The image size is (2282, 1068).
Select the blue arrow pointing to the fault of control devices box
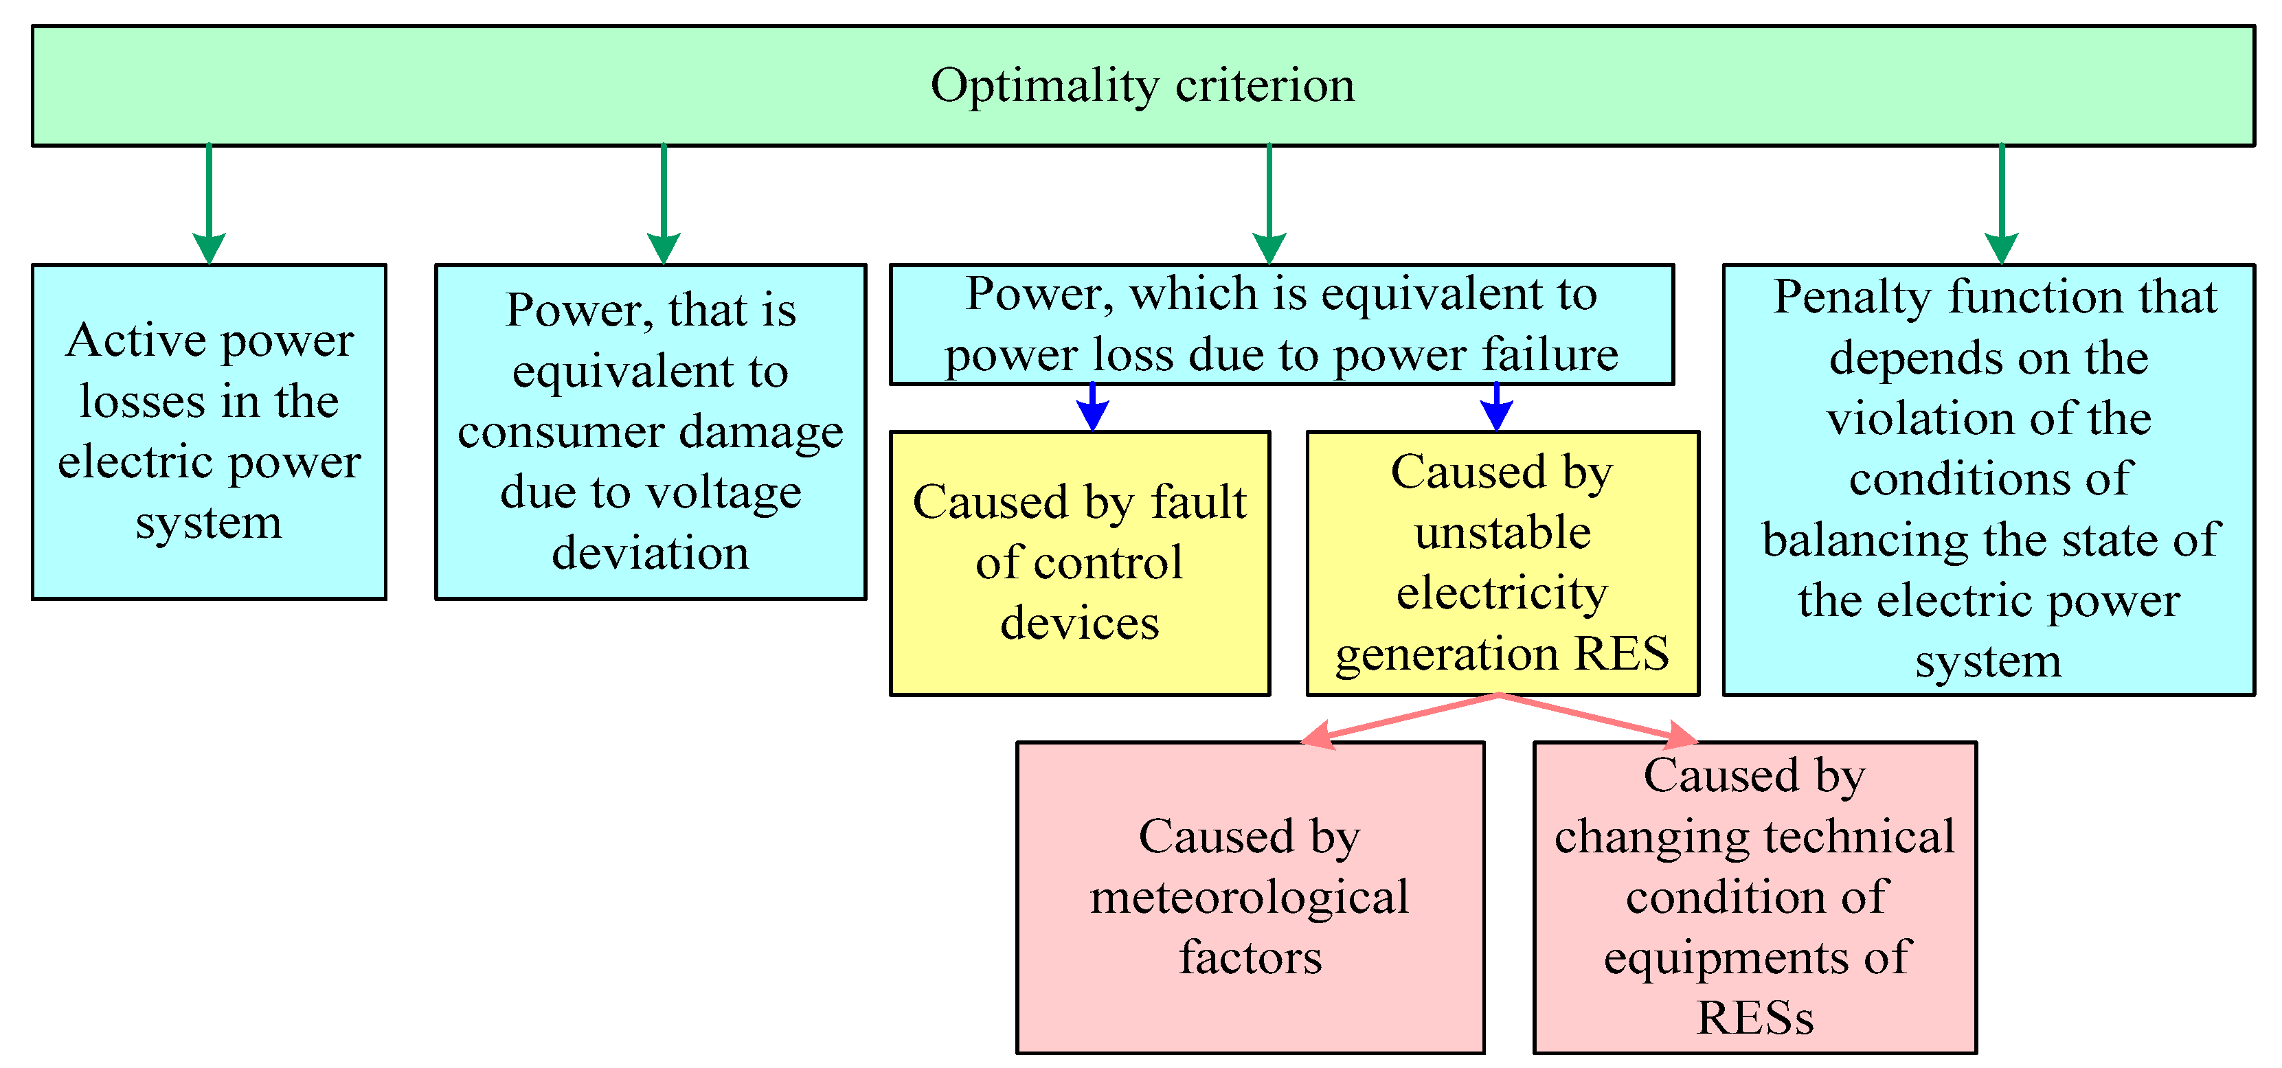(1092, 407)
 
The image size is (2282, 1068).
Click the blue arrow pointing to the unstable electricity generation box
(1496, 407)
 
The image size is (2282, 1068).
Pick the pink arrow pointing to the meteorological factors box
(1400, 719)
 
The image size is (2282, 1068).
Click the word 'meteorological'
(1249, 898)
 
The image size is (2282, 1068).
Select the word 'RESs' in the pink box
(1755, 1018)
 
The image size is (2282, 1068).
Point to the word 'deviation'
(651, 554)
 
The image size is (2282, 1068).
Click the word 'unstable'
(1502, 533)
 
